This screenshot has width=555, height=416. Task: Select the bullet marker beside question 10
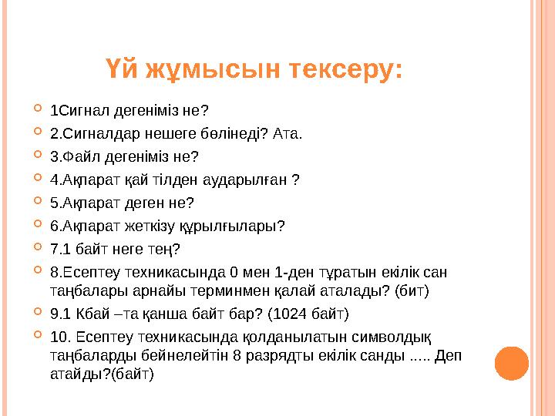(38, 336)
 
